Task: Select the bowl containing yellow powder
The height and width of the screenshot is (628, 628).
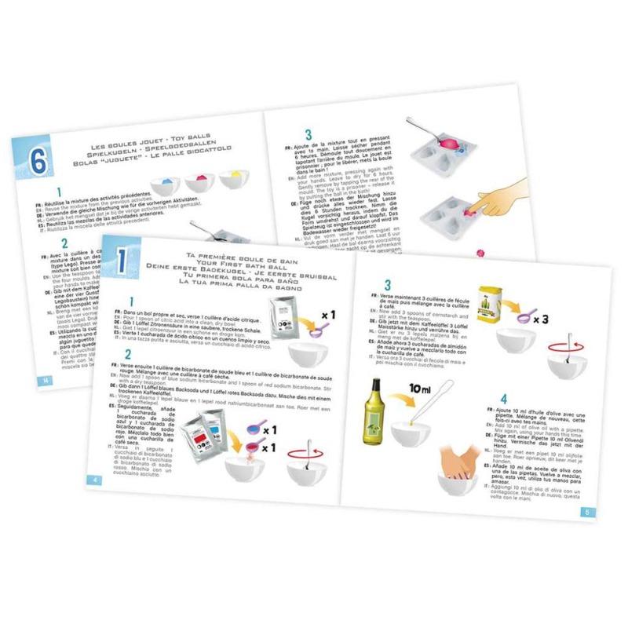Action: coord(235,178)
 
